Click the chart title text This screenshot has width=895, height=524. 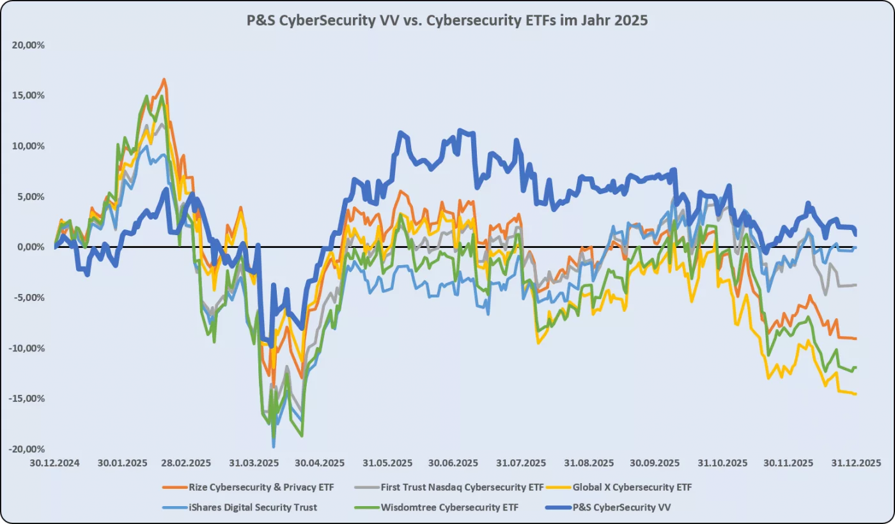(447, 20)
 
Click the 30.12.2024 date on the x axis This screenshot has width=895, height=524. (55, 463)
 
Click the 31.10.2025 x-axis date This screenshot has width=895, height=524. (723, 463)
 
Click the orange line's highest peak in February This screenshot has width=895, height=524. (164, 79)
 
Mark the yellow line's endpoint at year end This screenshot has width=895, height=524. (856, 394)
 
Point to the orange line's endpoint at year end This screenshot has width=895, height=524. (856, 339)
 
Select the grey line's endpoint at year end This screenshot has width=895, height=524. (856, 285)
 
